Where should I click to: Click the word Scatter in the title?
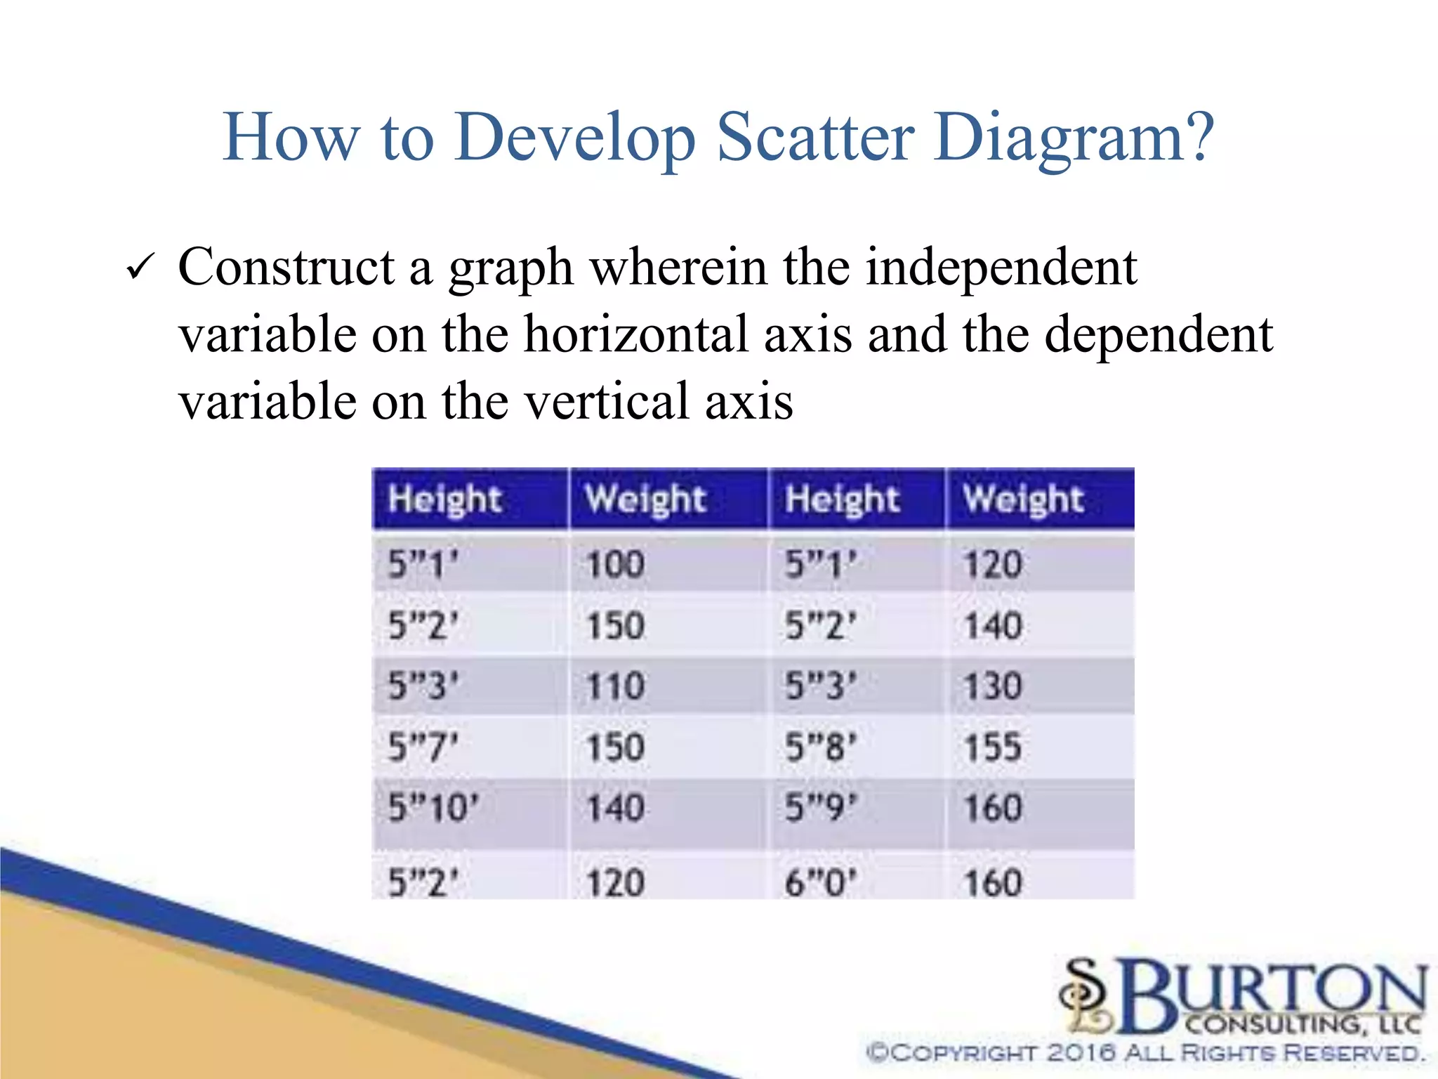pos(816,137)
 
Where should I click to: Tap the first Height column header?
pos(445,499)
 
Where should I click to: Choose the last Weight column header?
pos(1024,499)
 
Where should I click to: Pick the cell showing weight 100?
pos(615,564)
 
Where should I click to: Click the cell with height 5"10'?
pos(433,808)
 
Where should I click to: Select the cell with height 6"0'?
pos(820,882)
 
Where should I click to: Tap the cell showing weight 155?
pos(993,747)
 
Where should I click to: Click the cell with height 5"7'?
pos(423,747)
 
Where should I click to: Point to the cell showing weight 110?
pos(615,686)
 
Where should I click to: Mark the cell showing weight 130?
pos(993,686)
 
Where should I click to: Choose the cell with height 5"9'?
pos(820,808)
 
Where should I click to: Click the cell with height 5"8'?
pos(820,747)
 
